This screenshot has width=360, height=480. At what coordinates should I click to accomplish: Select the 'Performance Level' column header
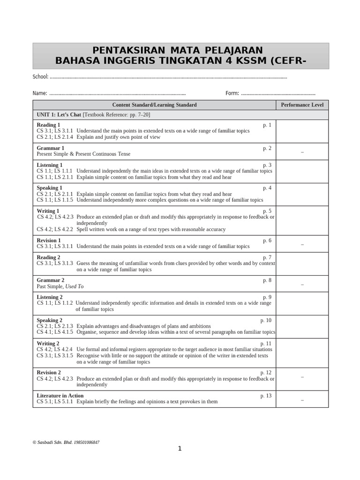click(x=302, y=105)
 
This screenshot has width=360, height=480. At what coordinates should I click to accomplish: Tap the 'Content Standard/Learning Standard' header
click(x=154, y=105)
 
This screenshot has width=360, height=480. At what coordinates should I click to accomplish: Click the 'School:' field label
click(x=40, y=77)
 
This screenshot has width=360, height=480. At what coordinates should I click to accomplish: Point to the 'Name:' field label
click(x=40, y=93)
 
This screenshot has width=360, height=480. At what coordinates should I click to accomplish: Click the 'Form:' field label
click(x=232, y=93)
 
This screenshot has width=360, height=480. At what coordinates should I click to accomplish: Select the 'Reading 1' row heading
click(x=48, y=125)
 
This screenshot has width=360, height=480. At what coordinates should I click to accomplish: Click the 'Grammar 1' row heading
click(x=50, y=148)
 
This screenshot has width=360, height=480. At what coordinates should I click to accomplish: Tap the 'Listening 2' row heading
click(x=50, y=297)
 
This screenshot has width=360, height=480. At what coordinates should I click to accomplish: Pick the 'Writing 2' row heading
click(x=48, y=344)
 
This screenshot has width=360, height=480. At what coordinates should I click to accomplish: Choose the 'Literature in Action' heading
click(x=60, y=396)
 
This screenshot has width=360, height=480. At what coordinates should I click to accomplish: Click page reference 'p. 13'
click(x=266, y=396)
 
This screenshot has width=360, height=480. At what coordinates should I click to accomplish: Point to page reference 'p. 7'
click(x=267, y=257)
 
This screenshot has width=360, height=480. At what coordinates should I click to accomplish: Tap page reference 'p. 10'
click(x=266, y=320)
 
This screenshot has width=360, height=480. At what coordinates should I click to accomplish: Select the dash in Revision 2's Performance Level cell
click(x=302, y=376)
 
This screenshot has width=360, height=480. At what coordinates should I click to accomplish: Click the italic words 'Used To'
click(x=75, y=286)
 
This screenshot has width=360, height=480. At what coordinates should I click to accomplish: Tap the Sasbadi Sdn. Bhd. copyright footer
click(x=66, y=442)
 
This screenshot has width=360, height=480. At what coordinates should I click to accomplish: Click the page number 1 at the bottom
click(x=180, y=449)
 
